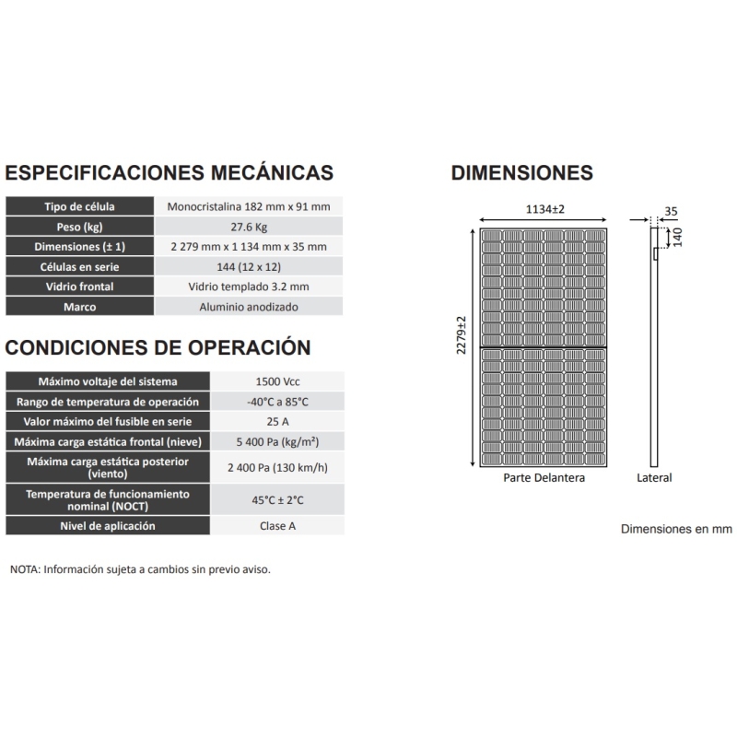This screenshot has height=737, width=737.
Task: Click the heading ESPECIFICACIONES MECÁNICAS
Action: [x=170, y=173]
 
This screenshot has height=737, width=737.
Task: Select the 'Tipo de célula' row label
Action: [x=79, y=206]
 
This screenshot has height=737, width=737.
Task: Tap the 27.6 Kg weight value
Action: [x=249, y=227]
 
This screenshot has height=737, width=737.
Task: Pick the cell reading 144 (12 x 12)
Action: [x=249, y=267]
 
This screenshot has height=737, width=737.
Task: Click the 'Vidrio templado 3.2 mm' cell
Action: [x=249, y=287]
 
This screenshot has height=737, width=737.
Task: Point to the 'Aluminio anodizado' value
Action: [x=249, y=308]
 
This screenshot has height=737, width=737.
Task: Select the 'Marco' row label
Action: [x=79, y=308]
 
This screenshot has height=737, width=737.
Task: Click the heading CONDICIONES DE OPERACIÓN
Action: [x=158, y=347]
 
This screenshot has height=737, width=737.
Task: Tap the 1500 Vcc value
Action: [x=278, y=381]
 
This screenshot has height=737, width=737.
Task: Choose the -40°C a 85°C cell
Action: [x=278, y=402]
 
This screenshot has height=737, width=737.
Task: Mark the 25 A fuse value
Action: [x=278, y=422]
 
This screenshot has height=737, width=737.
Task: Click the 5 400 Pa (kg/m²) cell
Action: [x=278, y=442]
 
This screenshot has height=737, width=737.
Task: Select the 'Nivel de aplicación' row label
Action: [x=110, y=526]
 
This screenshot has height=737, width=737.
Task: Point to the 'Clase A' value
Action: [x=278, y=526]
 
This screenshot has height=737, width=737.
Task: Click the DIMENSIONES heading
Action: [x=521, y=173]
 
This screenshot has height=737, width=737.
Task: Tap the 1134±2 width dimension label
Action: [x=544, y=210]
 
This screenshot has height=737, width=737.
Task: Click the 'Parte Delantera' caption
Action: [x=544, y=478]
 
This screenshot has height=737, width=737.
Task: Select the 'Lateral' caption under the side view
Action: [x=654, y=478]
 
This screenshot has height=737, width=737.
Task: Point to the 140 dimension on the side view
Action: [x=677, y=237]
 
